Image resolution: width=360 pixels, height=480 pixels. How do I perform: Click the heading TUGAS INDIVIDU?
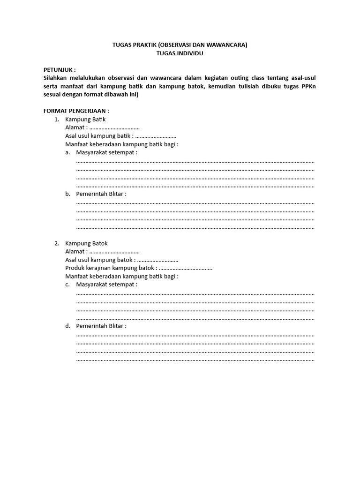(180, 53)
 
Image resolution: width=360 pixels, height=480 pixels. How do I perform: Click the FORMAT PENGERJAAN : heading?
(76, 111)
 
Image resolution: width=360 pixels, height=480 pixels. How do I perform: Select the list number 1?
(56, 120)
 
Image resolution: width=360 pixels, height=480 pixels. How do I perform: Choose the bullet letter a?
(67, 153)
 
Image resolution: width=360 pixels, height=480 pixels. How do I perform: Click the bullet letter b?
(67, 194)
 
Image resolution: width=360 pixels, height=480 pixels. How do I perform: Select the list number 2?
(56, 243)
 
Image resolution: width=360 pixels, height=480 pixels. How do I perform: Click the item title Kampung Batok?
(86, 243)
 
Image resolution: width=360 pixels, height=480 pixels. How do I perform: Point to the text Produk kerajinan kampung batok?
(110, 268)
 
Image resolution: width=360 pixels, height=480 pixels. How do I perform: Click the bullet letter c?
(67, 285)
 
